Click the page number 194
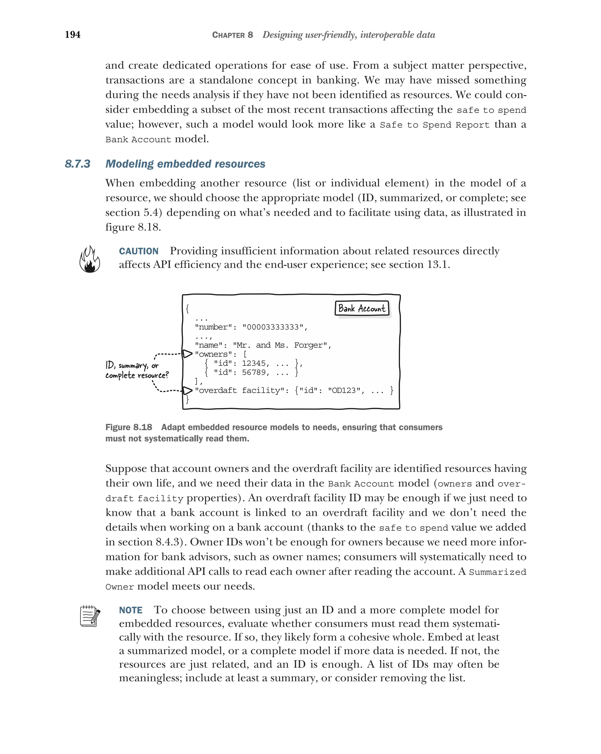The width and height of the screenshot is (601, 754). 73,35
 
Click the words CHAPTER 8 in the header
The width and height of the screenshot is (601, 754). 232,35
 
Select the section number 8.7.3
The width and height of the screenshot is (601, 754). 77,164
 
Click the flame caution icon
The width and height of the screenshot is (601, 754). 90,259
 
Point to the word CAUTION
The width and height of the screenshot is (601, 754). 139,251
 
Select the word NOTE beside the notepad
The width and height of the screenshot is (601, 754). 131,610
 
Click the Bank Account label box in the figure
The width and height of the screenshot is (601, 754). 362,308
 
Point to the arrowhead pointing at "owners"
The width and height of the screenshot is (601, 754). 188,354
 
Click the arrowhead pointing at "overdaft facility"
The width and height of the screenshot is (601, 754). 188,391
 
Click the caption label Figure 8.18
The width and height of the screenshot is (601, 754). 129,427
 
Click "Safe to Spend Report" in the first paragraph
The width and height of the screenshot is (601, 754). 435,125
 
